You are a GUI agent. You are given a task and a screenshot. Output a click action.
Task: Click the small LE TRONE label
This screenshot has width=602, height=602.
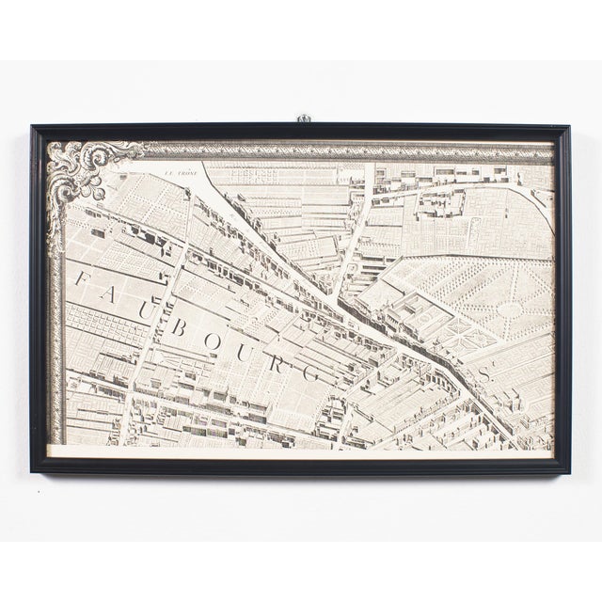tap(177, 171)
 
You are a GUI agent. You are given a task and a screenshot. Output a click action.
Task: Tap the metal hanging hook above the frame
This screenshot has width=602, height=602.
tap(304, 119)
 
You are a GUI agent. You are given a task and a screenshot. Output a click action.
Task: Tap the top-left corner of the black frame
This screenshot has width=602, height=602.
tap(31, 125)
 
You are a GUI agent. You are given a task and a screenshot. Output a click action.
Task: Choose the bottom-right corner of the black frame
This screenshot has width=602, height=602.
tap(570, 471)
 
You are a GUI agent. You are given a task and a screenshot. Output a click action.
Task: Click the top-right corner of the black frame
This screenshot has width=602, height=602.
tap(570, 125)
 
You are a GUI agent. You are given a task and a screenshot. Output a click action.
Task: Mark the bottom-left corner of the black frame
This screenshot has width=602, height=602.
tap(31, 471)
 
